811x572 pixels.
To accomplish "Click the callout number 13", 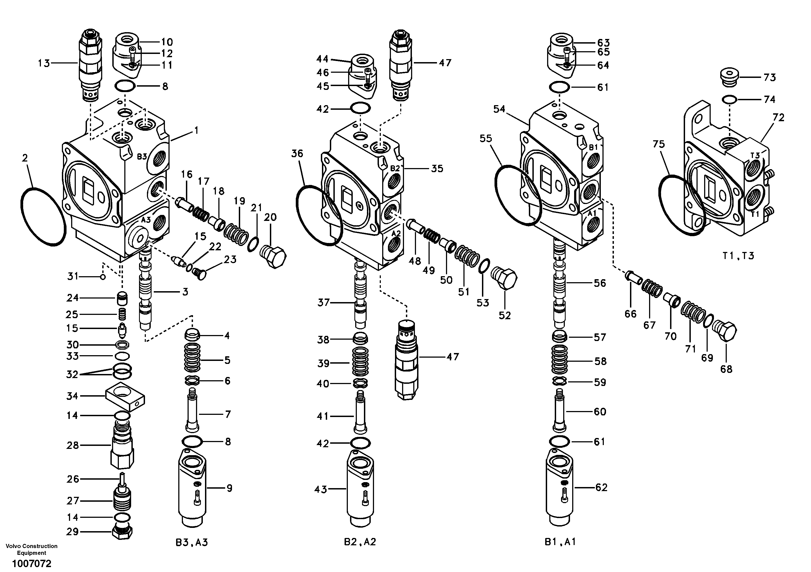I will [x=44, y=63].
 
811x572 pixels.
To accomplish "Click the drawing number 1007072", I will [x=31, y=564].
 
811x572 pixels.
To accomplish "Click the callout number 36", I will [x=297, y=154].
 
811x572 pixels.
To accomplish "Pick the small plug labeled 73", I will [x=728, y=78].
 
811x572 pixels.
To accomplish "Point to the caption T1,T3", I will [x=738, y=256].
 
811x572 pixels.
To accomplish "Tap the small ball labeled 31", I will [x=103, y=277].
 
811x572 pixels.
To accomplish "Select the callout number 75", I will [x=658, y=144].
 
